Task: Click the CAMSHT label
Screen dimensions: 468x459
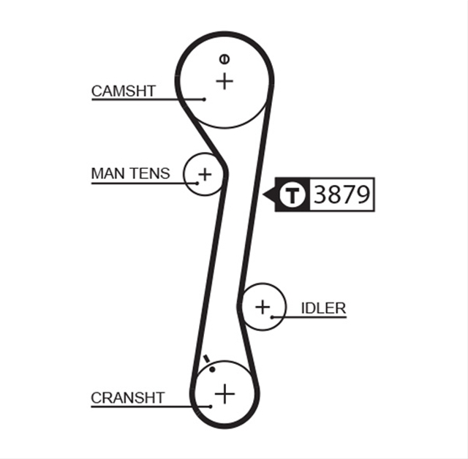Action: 124,91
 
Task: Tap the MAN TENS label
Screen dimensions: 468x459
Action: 130,173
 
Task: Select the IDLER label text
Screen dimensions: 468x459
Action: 323,308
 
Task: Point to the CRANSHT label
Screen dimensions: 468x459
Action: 128,398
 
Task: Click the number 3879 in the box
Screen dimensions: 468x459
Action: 342,194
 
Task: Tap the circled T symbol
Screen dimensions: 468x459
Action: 292,194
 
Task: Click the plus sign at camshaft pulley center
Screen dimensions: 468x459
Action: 224,81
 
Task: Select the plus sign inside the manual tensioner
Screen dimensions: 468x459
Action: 205,174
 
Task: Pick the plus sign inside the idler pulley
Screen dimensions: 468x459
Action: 263,307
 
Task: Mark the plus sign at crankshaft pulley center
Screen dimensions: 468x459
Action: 224,394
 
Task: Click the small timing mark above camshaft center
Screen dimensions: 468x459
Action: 224,59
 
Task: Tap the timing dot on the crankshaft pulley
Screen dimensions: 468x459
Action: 212,370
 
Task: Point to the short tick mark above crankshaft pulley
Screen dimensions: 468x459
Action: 206,359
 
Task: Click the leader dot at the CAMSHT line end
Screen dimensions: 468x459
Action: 204,99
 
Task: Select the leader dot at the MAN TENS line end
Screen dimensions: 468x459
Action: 197,183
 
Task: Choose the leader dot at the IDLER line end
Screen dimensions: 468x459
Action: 272,317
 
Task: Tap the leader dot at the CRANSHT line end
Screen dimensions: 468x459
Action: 211,406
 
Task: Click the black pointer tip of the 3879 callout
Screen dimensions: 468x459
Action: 263,194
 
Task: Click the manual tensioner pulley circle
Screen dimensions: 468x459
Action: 185,175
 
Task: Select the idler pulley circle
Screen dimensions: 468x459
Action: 286,307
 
